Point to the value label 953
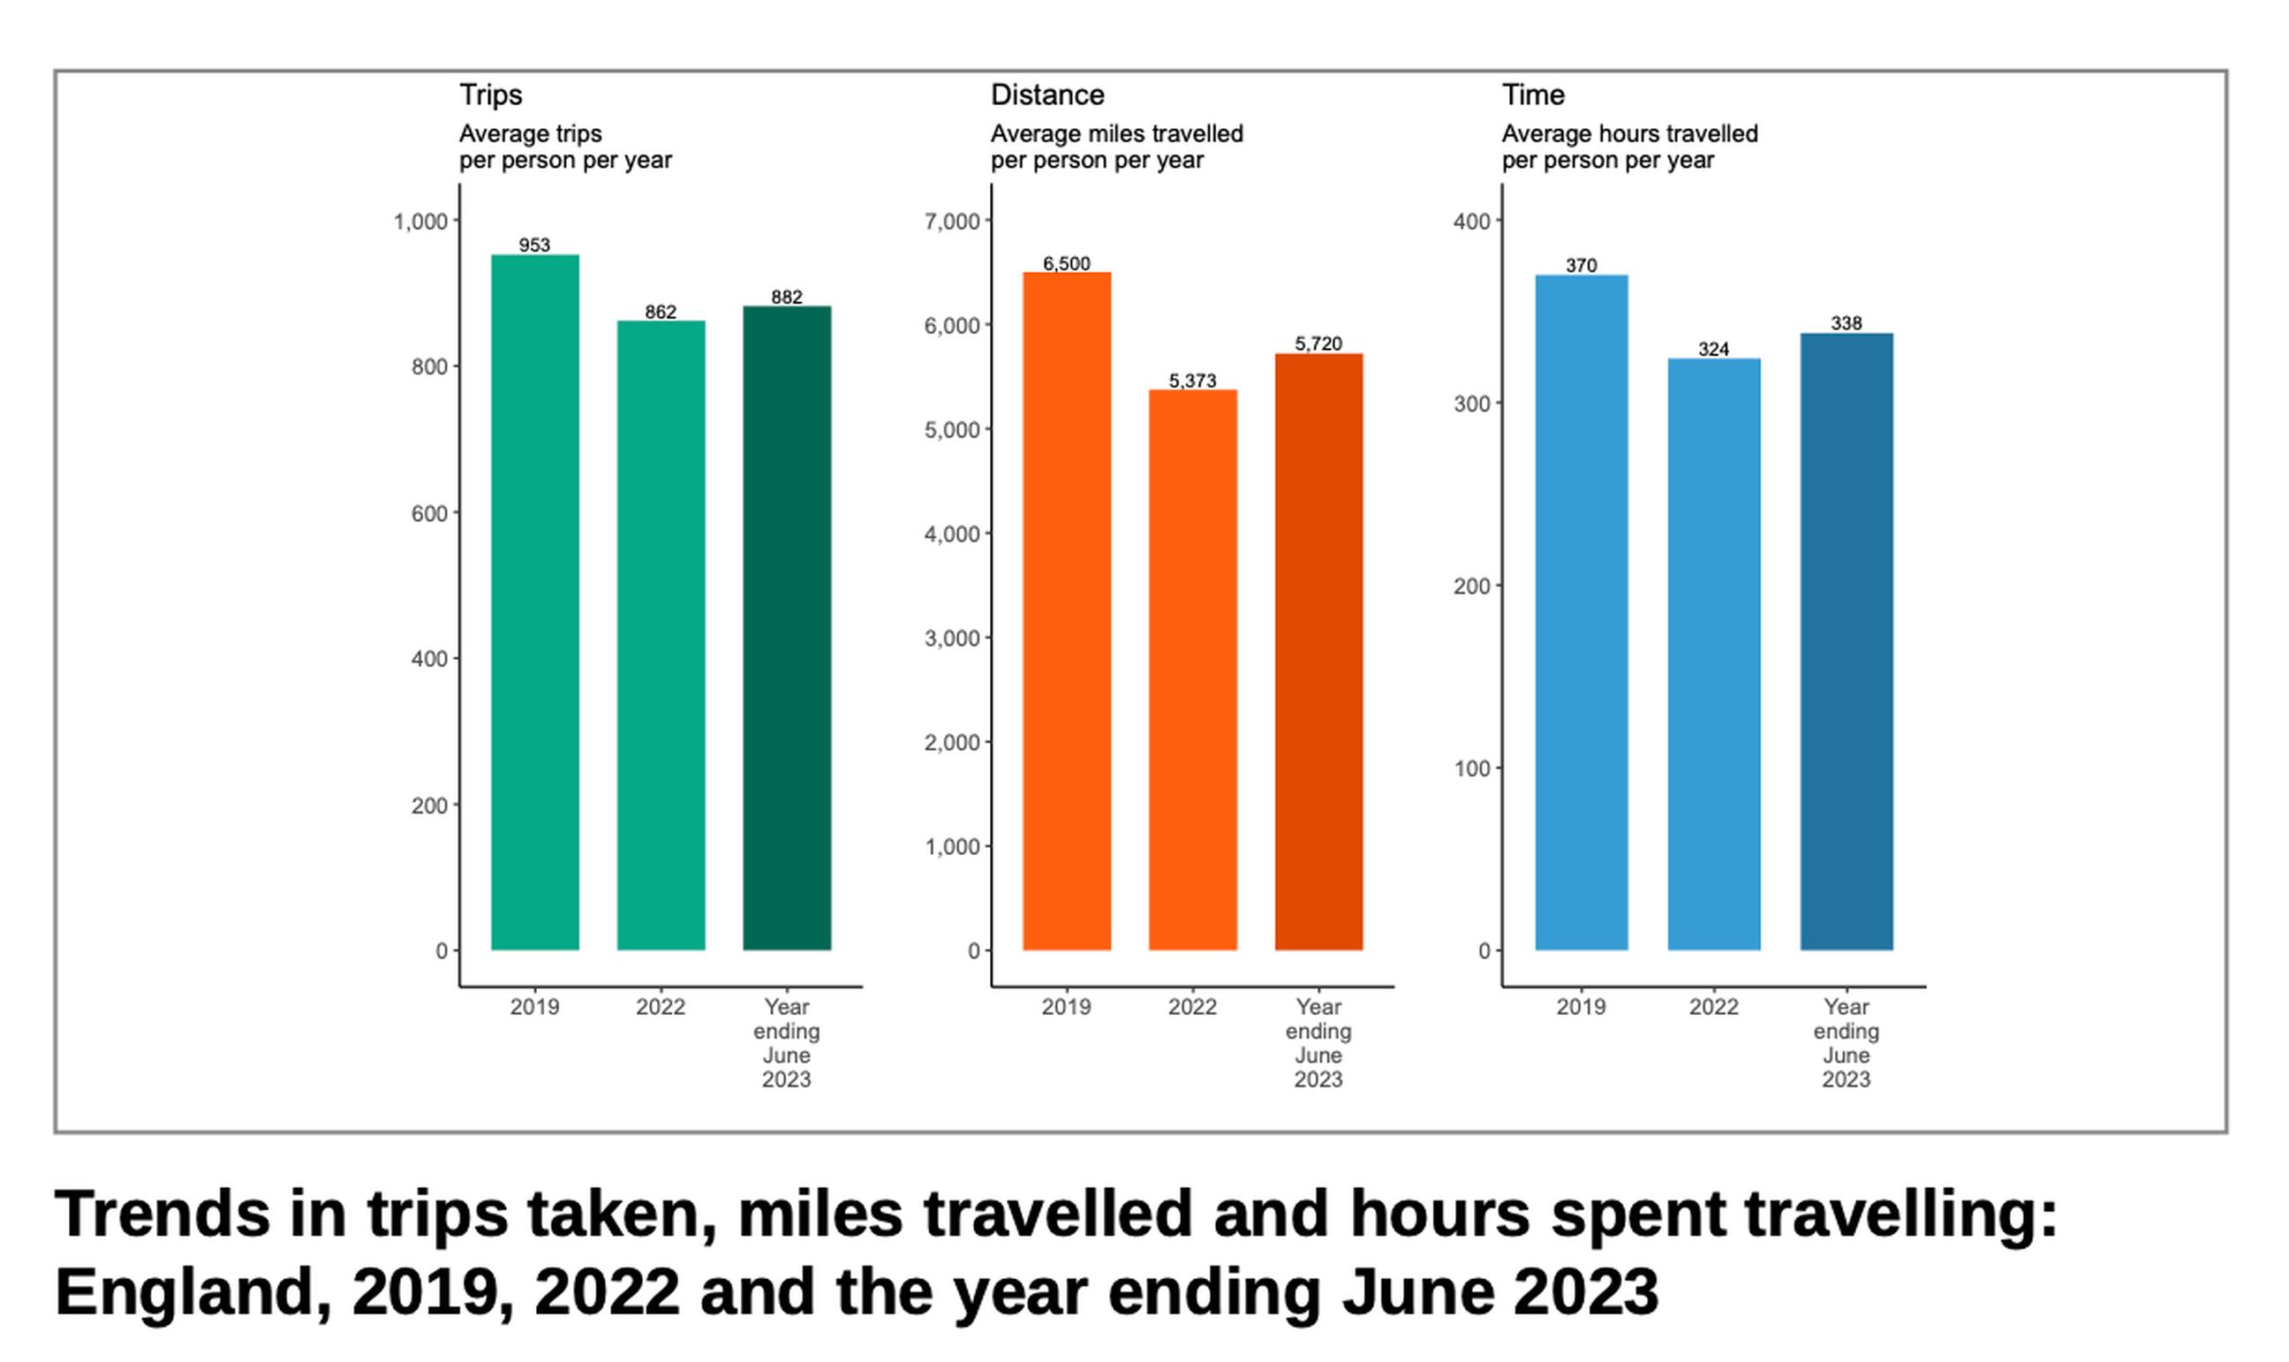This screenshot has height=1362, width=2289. click(x=534, y=245)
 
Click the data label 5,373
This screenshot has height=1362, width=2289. click(x=1192, y=381)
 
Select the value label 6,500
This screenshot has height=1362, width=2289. click(x=1066, y=264)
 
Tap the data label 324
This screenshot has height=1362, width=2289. click(x=1713, y=350)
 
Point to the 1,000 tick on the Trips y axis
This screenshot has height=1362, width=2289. click(x=421, y=222)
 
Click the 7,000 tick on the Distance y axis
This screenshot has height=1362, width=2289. click(x=951, y=222)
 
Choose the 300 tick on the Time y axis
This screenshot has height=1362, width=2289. click(x=1471, y=404)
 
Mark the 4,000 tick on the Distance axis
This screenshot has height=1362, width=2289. click(x=951, y=534)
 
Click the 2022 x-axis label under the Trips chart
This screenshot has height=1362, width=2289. click(x=661, y=1007)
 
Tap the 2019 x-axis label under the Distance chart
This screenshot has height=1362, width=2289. click(x=1066, y=1007)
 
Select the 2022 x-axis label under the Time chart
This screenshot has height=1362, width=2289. click(x=1713, y=1007)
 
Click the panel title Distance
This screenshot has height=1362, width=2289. click(x=1046, y=95)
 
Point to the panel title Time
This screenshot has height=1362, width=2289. click(x=1532, y=95)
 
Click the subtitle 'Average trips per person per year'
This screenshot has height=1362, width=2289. click(x=565, y=147)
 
